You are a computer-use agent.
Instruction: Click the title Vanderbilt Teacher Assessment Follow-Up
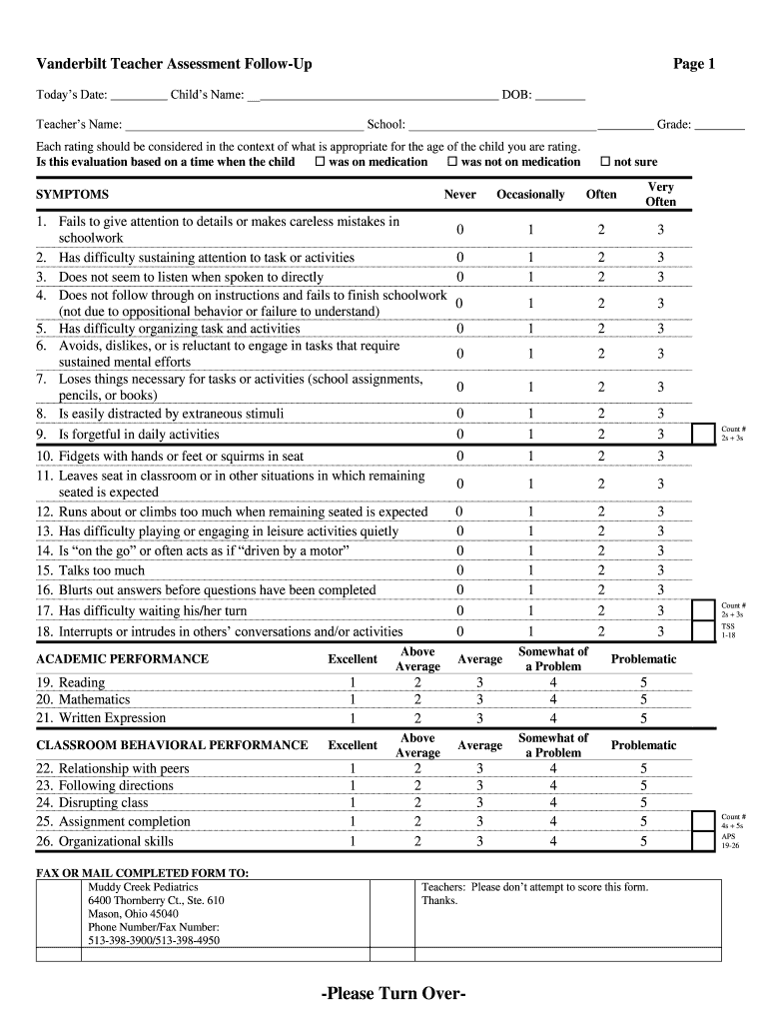pyautogui.click(x=174, y=64)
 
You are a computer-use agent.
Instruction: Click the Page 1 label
pyautogui.click(x=694, y=64)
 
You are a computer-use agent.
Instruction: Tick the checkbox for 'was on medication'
pyautogui.click(x=320, y=161)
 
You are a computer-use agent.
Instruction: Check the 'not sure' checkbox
pyautogui.click(x=604, y=161)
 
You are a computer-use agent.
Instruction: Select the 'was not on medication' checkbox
pyautogui.click(x=451, y=161)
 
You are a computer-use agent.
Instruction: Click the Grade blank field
pyautogui.click(x=719, y=125)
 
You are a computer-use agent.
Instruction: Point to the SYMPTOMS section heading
pyautogui.click(x=72, y=195)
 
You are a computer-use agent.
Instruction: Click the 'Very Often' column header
pyautogui.click(x=660, y=194)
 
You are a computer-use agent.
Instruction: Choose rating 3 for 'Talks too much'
pyautogui.click(x=660, y=570)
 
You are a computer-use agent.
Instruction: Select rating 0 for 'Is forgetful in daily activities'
pyautogui.click(x=459, y=434)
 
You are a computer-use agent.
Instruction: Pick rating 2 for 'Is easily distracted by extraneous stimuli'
pyautogui.click(x=601, y=414)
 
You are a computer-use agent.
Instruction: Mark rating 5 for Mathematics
pyautogui.click(x=644, y=699)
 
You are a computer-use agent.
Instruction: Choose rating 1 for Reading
pyautogui.click(x=353, y=682)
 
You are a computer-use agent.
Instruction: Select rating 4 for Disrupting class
pyautogui.click(x=552, y=802)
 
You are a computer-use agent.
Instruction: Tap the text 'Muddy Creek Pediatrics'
pyautogui.click(x=143, y=886)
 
